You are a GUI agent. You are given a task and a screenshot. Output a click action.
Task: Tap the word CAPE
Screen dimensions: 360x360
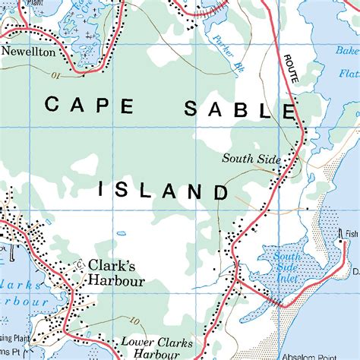87,105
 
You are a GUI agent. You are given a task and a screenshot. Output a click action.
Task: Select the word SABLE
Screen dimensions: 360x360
240,109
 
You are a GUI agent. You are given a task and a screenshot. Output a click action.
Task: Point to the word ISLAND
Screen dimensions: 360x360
163,190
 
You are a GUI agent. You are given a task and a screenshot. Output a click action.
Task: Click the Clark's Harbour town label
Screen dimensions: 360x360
116,273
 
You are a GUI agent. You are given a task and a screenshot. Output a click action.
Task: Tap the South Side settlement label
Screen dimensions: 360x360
251,159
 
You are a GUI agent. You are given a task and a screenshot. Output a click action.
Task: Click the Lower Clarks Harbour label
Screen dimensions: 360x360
150,347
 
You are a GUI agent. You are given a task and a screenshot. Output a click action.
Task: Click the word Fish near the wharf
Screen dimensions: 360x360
350,234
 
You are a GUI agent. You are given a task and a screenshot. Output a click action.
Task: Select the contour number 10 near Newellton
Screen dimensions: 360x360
55,75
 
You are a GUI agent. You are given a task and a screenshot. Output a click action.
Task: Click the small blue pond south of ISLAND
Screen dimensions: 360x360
122,233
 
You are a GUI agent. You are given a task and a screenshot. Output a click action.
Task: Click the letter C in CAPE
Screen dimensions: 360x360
52,105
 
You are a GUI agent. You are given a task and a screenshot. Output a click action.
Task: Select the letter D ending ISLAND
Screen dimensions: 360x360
220,191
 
